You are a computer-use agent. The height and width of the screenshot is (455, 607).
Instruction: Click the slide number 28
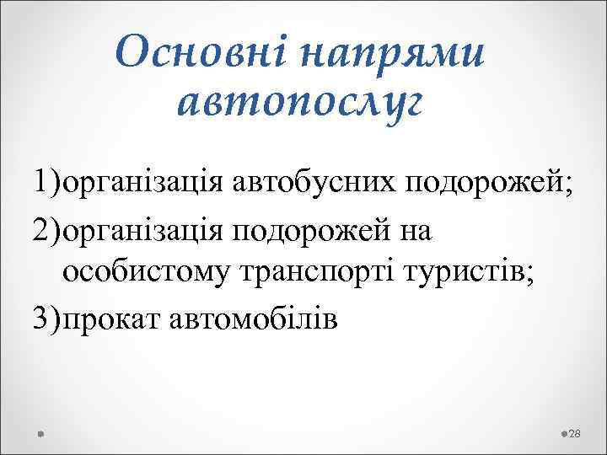(576, 432)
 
